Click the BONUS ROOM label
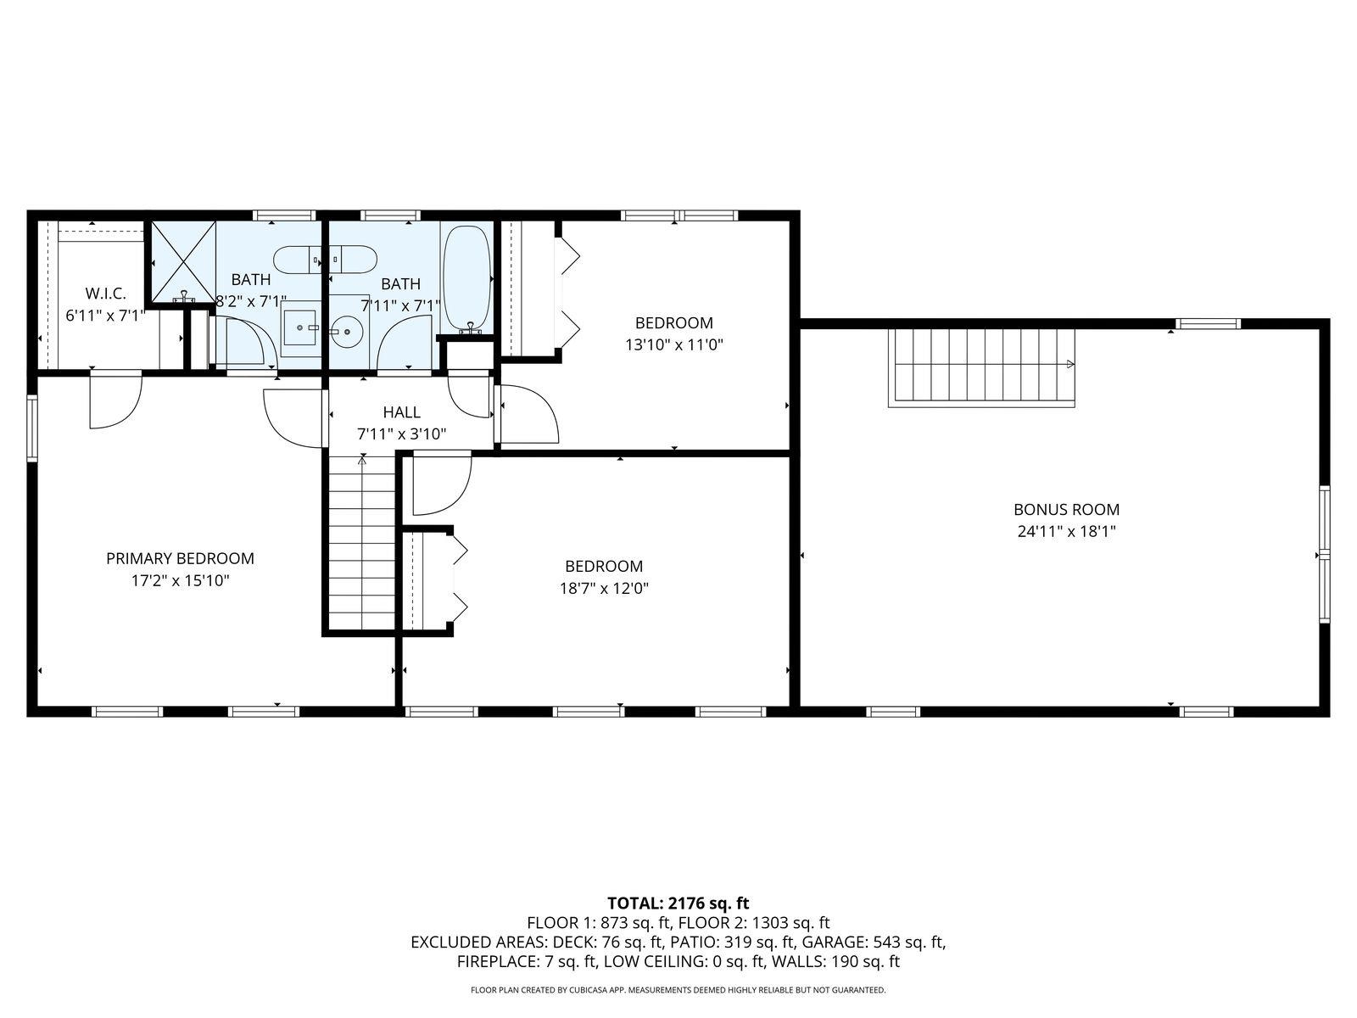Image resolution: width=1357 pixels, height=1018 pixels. (1066, 509)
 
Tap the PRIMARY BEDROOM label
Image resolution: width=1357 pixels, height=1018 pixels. (180, 558)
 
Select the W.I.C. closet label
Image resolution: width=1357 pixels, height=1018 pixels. (105, 293)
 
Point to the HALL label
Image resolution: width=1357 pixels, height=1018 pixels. (402, 411)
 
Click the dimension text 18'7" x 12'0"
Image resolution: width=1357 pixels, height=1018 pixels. (604, 588)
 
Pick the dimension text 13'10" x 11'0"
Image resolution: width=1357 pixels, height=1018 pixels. (674, 344)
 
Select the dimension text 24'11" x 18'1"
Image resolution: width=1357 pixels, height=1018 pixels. (1066, 532)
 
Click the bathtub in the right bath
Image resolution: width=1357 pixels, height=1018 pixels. (467, 279)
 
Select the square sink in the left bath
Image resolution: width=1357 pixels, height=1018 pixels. (301, 328)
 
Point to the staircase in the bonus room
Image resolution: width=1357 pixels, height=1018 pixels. (982, 367)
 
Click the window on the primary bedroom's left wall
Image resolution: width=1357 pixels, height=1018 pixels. (31, 428)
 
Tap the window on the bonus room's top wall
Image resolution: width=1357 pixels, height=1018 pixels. (1208, 324)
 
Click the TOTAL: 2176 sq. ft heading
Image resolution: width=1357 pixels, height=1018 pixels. (678, 903)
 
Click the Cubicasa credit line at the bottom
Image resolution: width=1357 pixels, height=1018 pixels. (678, 989)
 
